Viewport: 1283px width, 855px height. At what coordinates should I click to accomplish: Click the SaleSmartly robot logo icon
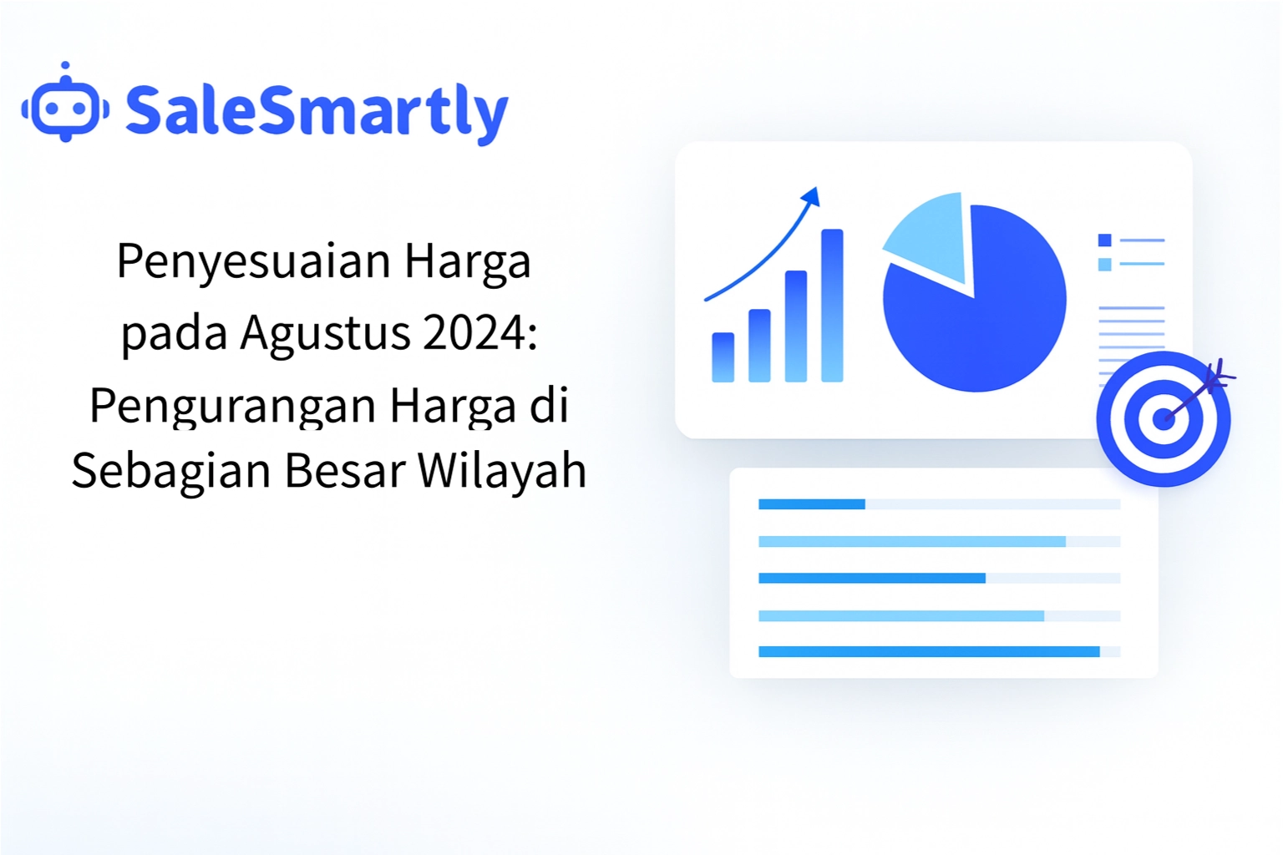(x=65, y=106)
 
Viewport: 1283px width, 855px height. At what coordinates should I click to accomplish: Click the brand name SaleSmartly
(x=317, y=111)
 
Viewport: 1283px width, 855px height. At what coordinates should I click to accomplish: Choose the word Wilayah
(x=502, y=470)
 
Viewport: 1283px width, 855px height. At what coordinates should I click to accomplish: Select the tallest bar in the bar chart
(x=832, y=305)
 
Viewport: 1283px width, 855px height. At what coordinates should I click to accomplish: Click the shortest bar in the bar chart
(x=723, y=357)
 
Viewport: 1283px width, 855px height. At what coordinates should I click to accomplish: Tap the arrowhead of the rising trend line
(x=811, y=196)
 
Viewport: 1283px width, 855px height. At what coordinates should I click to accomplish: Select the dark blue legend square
(x=1104, y=240)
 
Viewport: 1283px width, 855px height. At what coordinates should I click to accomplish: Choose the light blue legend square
(x=1104, y=265)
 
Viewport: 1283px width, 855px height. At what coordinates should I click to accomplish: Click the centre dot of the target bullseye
(x=1163, y=419)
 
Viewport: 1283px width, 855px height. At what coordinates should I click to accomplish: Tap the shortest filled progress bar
(x=811, y=504)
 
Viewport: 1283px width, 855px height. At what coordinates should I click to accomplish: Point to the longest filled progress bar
(x=928, y=652)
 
